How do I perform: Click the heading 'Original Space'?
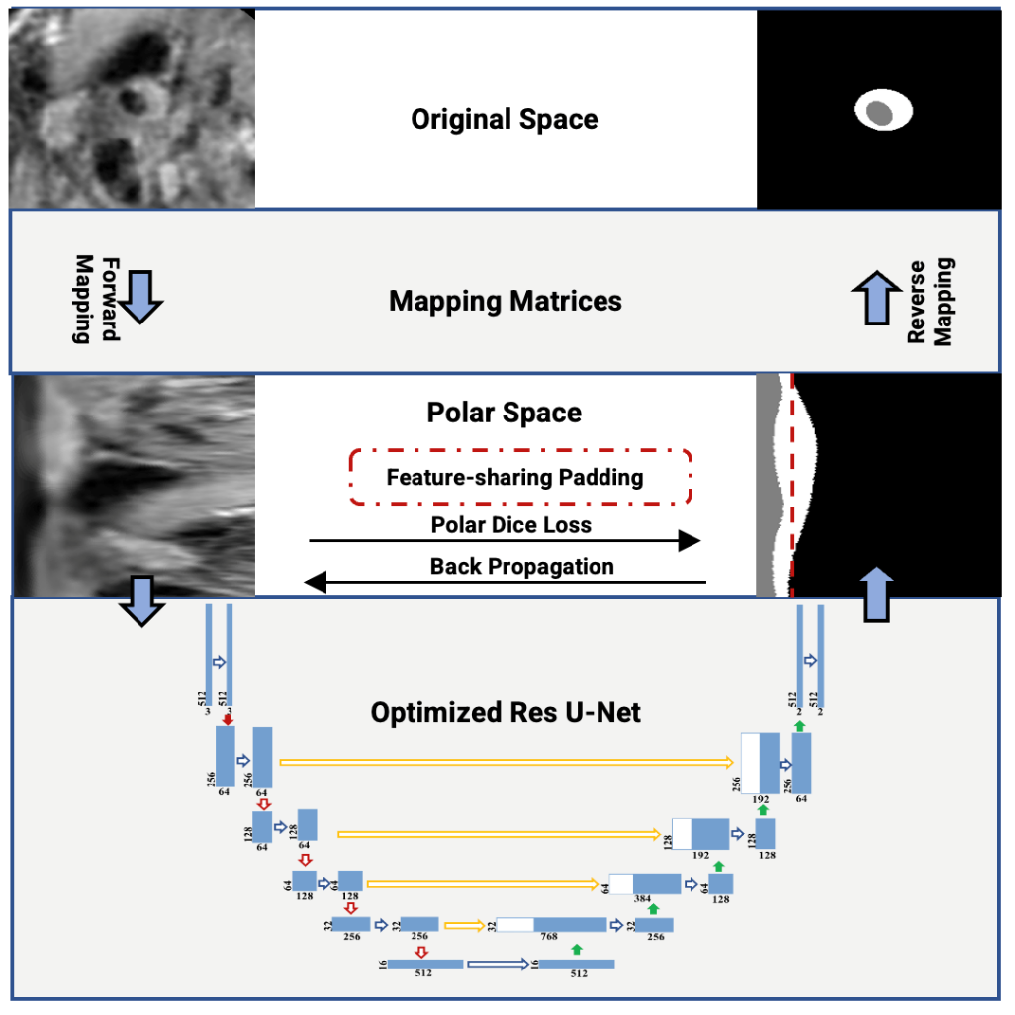(x=505, y=120)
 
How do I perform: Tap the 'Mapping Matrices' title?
(x=506, y=300)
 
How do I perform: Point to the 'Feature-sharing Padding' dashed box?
(x=519, y=477)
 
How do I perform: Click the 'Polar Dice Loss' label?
(x=510, y=525)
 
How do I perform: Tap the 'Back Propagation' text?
(x=521, y=567)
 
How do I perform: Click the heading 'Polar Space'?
(x=505, y=412)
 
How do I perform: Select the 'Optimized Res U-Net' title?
(x=506, y=711)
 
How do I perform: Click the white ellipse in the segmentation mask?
(x=883, y=110)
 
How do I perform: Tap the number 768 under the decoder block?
(x=549, y=936)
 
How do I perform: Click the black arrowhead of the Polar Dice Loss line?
(x=689, y=540)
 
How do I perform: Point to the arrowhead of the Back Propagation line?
(x=315, y=582)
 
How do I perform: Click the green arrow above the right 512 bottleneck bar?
(x=577, y=950)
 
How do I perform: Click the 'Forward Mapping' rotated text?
(x=96, y=300)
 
